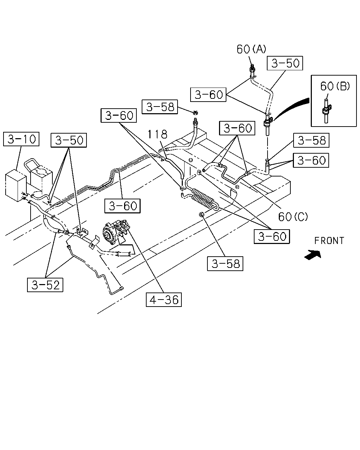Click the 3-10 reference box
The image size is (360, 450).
coord(21,139)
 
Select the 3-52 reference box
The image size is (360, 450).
coord(45,285)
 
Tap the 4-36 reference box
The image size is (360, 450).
coord(164,300)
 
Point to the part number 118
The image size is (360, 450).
coord(157,134)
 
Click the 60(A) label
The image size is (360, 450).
coord(251,49)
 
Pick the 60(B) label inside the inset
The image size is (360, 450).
coord(335,86)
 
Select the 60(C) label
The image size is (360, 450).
coord(293,217)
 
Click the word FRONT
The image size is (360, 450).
coord(329,241)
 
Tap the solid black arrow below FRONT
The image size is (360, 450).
coord(313,255)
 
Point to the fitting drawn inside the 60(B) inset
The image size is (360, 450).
coord(326,111)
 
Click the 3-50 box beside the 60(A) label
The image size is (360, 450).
coord(285,63)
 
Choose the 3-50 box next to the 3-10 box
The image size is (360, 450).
coord(69,140)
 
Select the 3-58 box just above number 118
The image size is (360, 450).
coord(160,107)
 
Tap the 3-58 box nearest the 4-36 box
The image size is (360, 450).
coord(225,264)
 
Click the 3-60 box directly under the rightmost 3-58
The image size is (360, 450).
coord(311,160)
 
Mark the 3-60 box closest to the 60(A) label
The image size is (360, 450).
coord(208,95)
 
